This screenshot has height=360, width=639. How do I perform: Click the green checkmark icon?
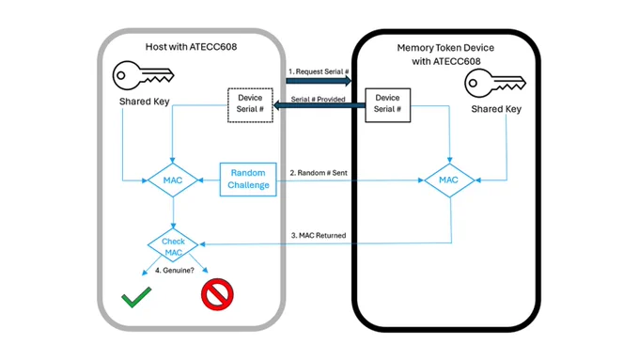[136, 297]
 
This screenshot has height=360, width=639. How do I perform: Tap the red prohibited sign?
[217, 294]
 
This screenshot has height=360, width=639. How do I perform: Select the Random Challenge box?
[248, 180]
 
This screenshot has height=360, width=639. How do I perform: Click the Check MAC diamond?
[173, 245]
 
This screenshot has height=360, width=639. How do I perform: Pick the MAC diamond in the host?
[173, 180]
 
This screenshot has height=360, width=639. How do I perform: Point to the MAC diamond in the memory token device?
[449, 180]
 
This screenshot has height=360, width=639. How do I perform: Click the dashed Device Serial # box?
[250, 105]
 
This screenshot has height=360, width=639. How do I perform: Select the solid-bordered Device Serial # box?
[387, 105]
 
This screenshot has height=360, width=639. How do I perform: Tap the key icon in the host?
[143, 75]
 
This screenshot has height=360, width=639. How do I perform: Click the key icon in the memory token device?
[495, 83]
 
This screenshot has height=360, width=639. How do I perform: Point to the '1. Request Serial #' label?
[319, 71]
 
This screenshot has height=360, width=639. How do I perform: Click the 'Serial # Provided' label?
[318, 99]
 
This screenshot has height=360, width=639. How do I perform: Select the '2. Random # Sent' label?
[319, 173]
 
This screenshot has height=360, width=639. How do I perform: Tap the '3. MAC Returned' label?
[319, 236]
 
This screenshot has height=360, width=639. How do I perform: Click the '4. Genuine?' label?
[175, 271]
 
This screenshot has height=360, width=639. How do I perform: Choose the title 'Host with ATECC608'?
[191, 47]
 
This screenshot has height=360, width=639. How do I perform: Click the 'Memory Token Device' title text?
[445, 48]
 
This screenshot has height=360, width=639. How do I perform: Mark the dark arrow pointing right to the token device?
[319, 81]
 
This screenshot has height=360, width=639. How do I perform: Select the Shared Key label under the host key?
[145, 102]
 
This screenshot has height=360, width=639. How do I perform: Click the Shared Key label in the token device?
[496, 109]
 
